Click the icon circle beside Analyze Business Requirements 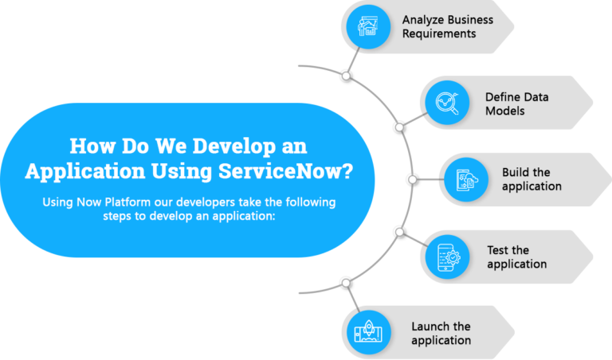[x=368, y=26]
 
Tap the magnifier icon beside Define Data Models [x=447, y=103]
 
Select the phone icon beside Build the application [x=466, y=179]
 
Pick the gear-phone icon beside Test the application [x=447, y=256]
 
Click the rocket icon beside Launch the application [x=368, y=332]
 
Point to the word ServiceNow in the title [x=286, y=170]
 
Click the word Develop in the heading [x=234, y=147]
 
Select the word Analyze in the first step [x=421, y=20]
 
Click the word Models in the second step [x=504, y=112]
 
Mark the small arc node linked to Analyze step [x=346, y=76]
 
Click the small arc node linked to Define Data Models [x=399, y=127]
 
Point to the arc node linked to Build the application [x=413, y=179]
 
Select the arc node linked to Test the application [x=399, y=232]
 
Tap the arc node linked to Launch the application [x=346, y=283]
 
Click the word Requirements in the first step [x=439, y=34]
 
